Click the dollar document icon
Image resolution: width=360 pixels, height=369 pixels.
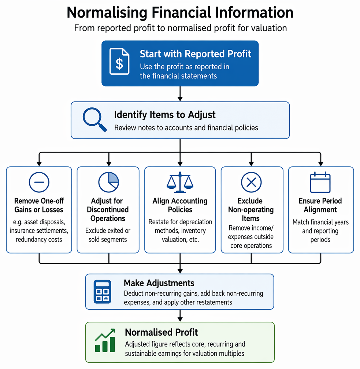[x=119, y=61]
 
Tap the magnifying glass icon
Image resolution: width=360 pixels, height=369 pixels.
[x=94, y=119]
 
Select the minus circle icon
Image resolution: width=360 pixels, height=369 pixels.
[x=39, y=182]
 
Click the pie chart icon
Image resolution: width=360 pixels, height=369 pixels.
[x=109, y=182]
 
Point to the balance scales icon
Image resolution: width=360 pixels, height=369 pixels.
[x=180, y=182]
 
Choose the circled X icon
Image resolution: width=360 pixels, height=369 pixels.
[x=251, y=182]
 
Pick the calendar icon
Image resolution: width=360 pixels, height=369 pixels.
[x=320, y=182]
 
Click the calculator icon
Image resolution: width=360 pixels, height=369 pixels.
[x=102, y=292]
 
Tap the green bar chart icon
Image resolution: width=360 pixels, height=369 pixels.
[x=105, y=340]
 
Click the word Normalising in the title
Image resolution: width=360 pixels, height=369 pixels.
[x=107, y=13]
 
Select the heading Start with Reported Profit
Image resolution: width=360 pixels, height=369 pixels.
[x=196, y=54]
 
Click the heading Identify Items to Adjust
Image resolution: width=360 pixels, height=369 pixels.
[x=165, y=115]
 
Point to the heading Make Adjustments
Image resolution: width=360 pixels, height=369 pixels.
[x=159, y=283]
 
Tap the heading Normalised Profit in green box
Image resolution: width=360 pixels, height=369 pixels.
[x=161, y=332]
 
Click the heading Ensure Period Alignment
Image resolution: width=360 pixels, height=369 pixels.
[x=320, y=205]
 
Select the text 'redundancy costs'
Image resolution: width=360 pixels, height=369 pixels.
[x=39, y=240]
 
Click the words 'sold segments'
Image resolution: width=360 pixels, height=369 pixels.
[x=108, y=240]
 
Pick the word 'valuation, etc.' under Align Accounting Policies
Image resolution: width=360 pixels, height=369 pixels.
[x=180, y=240]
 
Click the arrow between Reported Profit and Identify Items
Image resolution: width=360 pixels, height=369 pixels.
[x=180, y=94]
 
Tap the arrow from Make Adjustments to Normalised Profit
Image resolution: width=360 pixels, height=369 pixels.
[x=180, y=316]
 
